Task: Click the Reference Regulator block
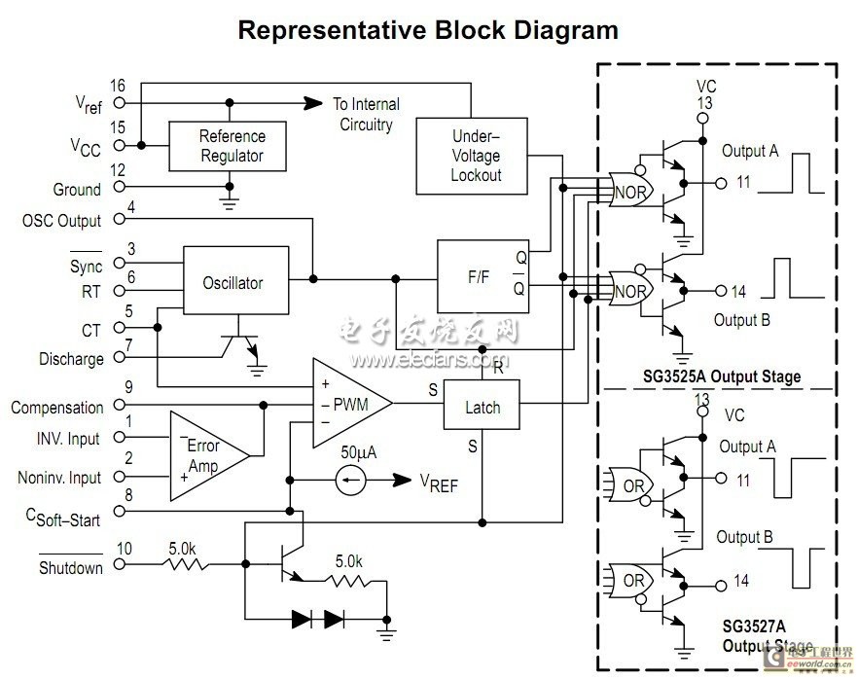click(x=230, y=145)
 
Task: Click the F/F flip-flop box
click(x=483, y=277)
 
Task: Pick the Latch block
click(x=482, y=407)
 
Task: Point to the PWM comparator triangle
click(x=348, y=403)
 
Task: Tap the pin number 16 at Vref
click(x=118, y=86)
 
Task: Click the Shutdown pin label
click(x=71, y=568)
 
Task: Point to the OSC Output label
click(x=61, y=221)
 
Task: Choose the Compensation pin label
click(x=56, y=408)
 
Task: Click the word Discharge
click(x=71, y=359)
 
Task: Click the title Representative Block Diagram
click(x=428, y=30)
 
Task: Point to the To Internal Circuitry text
click(x=365, y=114)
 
